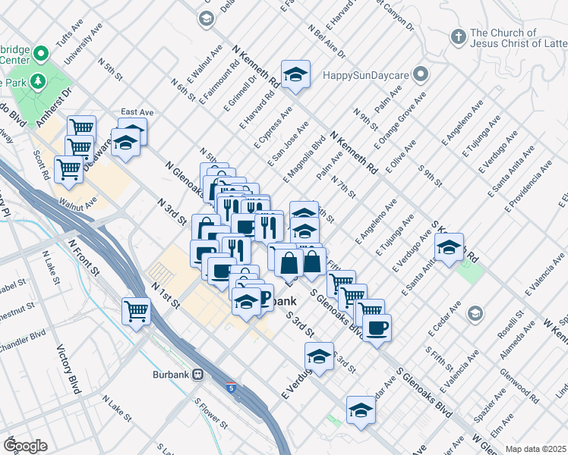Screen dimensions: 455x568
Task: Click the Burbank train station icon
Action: (x=197, y=374)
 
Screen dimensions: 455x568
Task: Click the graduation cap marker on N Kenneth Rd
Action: (x=296, y=74)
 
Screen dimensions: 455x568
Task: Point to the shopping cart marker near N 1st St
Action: (x=137, y=310)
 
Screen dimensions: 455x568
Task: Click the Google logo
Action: (x=25, y=445)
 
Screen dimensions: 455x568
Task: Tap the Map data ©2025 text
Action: (x=535, y=449)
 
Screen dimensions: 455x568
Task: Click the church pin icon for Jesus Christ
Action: (x=458, y=36)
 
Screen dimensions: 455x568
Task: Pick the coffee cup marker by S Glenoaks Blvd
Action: (x=377, y=328)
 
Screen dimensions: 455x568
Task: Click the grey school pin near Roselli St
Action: (x=475, y=313)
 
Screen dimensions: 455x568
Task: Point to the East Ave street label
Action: (x=137, y=112)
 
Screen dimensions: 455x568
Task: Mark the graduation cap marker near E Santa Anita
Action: (x=449, y=247)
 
